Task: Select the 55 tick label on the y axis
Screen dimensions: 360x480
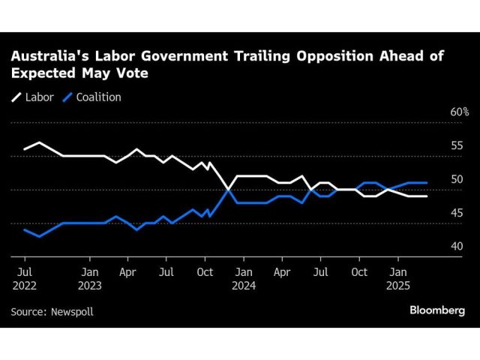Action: [x=457, y=145]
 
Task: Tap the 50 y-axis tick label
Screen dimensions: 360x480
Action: [x=457, y=179]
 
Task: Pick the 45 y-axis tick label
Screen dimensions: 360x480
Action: [x=457, y=213]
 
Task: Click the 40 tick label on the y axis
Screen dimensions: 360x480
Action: [x=457, y=247]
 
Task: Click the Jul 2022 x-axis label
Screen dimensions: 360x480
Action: [x=24, y=279]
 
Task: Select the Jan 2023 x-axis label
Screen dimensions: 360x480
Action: [x=89, y=279]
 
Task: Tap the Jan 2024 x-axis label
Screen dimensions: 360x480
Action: [x=244, y=279]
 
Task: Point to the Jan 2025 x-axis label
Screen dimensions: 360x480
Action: [x=398, y=279]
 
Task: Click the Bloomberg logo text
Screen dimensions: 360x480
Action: [x=437, y=310]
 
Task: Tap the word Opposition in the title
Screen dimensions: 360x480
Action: [x=313, y=55]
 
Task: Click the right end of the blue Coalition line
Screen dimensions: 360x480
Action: [x=427, y=182]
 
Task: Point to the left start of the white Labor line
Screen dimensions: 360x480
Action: [x=24, y=149]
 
